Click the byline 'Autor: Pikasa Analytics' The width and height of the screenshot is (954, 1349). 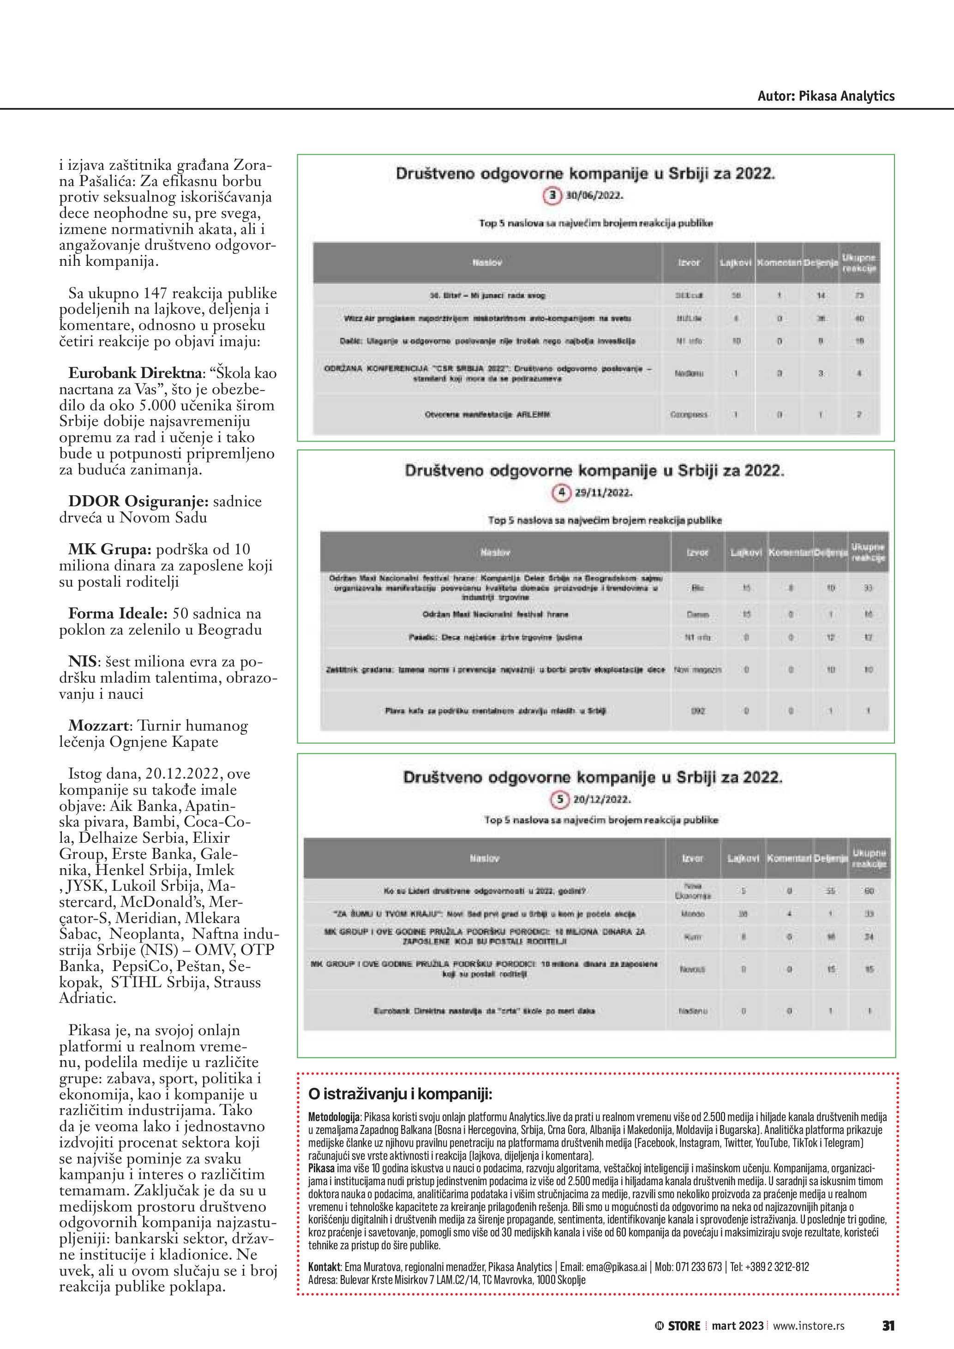[825, 96]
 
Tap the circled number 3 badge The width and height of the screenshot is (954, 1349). [552, 196]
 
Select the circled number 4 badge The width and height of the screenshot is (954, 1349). [561, 492]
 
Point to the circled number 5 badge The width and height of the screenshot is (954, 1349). [559, 799]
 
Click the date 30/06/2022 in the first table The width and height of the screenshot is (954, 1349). [594, 196]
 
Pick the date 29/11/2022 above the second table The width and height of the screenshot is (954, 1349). [603, 492]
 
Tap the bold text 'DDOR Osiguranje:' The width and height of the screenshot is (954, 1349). [138, 501]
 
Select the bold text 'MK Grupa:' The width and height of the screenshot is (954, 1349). [110, 549]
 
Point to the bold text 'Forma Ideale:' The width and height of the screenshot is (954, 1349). [118, 613]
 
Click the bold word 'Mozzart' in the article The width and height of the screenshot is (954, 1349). [97, 725]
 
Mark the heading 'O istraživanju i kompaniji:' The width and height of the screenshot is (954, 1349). [400, 1093]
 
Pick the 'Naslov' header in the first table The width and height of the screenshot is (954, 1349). [487, 263]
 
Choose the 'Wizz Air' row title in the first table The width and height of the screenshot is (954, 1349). [487, 318]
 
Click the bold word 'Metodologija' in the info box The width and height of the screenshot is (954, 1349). [334, 1116]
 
